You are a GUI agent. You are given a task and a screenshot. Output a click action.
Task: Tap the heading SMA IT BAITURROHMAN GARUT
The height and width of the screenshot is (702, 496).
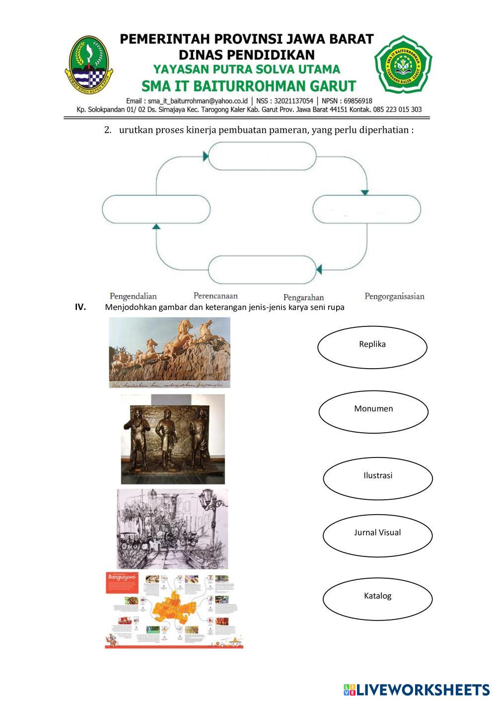(x=249, y=86)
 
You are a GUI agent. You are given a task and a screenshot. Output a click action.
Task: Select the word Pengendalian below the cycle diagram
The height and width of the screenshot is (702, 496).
(x=133, y=296)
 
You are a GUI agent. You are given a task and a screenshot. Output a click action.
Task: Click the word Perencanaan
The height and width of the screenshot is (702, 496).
(x=215, y=296)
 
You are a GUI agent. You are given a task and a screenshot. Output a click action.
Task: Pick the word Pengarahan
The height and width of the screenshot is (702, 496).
(x=303, y=298)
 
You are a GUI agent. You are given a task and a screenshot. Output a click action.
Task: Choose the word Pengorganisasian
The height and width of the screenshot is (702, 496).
(x=394, y=297)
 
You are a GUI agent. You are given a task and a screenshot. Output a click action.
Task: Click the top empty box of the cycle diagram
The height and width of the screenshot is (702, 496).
(x=262, y=156)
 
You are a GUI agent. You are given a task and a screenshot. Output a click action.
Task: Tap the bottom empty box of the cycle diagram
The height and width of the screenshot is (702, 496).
(x=262, y=270)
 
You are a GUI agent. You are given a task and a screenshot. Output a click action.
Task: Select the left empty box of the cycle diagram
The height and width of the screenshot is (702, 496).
(x=156, y=209)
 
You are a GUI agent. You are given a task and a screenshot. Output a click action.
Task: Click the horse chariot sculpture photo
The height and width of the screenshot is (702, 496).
(x=169, y=352)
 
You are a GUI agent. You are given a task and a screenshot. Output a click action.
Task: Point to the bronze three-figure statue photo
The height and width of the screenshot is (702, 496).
(x=173, y=439)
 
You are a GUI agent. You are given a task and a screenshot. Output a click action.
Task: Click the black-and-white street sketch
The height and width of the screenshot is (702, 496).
(x=172, y=529)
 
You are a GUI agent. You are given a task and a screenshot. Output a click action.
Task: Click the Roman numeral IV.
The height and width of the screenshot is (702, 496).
(x=80, y=307)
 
